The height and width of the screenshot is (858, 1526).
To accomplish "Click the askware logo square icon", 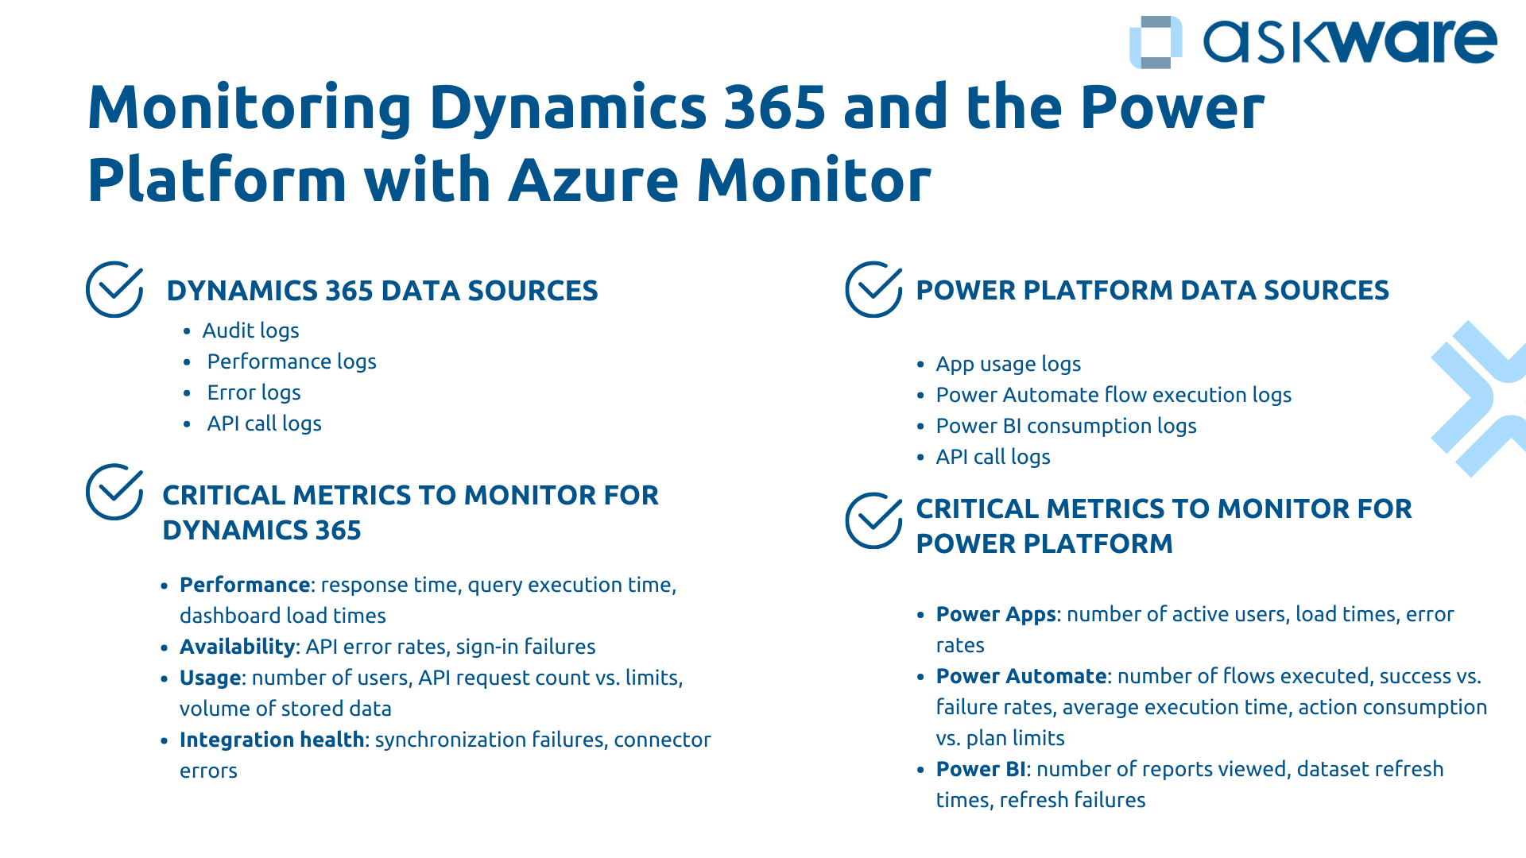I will click(1155, 42).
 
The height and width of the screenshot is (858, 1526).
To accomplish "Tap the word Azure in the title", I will click(593, 180).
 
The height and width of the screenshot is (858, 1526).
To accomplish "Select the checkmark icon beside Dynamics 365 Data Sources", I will click(114, 289).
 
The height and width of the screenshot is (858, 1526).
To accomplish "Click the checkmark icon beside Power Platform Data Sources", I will click(873, 289).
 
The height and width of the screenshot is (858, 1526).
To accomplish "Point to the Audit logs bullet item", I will click(250, 330).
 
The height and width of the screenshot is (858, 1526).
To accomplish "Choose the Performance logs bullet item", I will click(291, 361).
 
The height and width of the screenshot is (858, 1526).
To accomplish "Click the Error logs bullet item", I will click(254, 392).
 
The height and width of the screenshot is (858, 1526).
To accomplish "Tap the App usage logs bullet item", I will click(1008, 364).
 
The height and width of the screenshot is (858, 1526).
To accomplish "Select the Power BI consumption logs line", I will click(1065, 426).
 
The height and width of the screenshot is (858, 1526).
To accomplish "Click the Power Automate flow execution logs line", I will click(1113, 395).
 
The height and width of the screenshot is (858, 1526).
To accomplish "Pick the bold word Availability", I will click(238, 647).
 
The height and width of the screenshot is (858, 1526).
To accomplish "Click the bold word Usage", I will click(210, 678).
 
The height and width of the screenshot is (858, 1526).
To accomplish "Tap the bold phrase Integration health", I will click(271, 740).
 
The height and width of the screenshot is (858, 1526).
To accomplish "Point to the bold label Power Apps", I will click(995, 614).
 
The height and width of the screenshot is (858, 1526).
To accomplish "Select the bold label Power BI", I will click(980, 769).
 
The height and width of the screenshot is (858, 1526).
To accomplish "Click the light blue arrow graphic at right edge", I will click(1478, 397).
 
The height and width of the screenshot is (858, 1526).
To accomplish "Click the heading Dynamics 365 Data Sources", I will click(381, 291).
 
